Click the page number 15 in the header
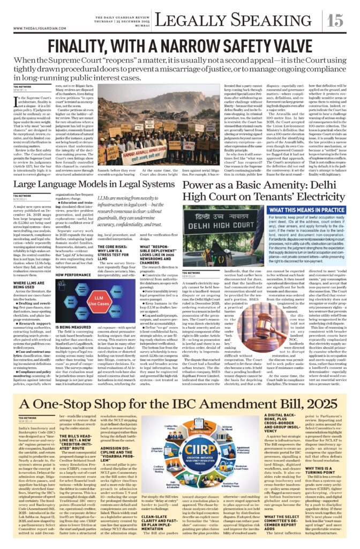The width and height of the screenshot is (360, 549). tap(336, 20)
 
